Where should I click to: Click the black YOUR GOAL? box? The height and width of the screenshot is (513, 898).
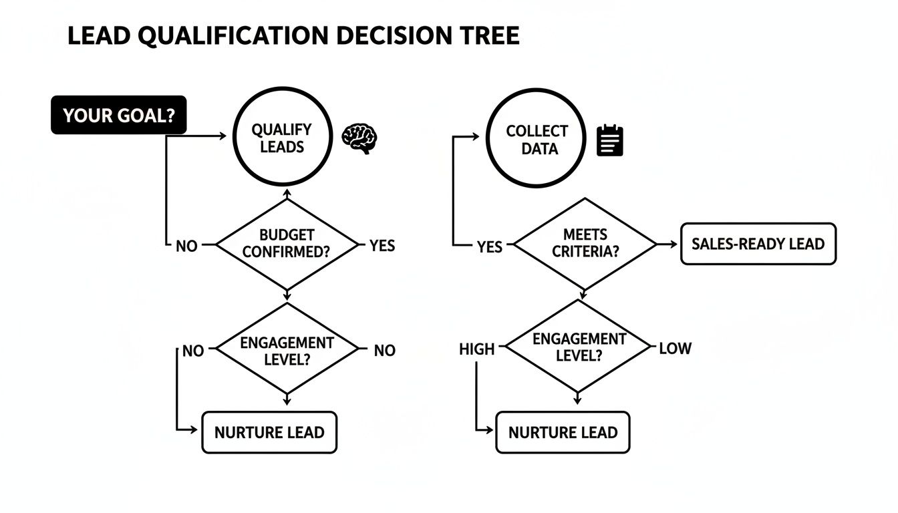coord(119,115)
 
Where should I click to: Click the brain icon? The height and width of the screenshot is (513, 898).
coord(359,138)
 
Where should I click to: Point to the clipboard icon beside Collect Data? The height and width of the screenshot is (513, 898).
coord(609,140)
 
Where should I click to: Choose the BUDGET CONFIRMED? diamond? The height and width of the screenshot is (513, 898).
coord(287,244)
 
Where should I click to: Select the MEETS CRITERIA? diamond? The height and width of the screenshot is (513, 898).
coord(585,244)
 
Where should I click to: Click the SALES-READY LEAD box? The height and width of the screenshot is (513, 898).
coord(758,244)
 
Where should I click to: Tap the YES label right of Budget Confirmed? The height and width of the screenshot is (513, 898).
coord(382,246)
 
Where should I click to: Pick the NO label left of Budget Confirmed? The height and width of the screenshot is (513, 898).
coord(186,246)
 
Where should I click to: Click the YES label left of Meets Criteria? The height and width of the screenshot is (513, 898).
coord(489,246)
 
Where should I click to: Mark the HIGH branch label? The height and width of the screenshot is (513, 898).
coord(477,349)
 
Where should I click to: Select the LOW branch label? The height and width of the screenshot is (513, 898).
coord(675,348)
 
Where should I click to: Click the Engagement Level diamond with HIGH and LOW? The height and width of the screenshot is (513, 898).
coord(579,347)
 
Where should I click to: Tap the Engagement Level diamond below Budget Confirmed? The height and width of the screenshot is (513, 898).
coord(287,349)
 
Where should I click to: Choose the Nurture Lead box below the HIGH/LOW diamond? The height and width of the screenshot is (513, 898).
coord(563,432)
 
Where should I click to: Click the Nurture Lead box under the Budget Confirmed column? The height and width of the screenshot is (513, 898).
coord(269,432)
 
